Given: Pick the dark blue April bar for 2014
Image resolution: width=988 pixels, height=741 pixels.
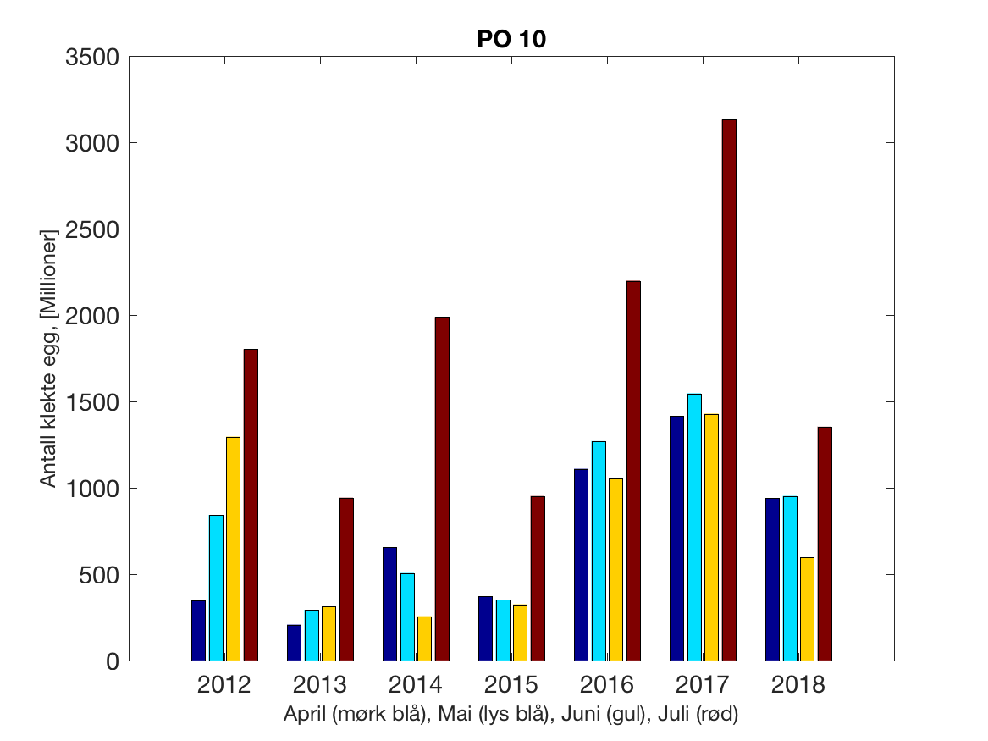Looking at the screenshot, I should click(389, 604).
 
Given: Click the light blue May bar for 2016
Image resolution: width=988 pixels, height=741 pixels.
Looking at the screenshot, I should click(599, 550).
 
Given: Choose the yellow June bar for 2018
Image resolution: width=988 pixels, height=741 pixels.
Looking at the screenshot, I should click(807, 609).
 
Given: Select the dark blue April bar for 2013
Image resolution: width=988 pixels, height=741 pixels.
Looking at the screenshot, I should click(294, 643).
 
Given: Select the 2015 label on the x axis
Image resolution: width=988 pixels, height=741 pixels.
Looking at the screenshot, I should click(511, 685).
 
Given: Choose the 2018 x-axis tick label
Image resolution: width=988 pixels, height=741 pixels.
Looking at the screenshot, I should click(798, 685).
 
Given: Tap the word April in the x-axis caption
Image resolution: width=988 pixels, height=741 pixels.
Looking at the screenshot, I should click(306, 715).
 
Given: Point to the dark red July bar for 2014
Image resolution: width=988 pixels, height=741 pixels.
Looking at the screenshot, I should click(442, 489).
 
